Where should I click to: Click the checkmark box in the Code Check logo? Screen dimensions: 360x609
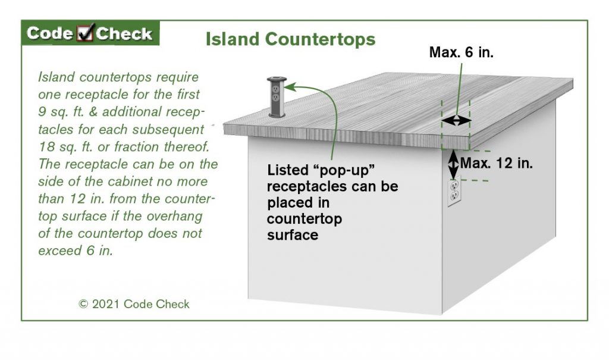coord(86,34)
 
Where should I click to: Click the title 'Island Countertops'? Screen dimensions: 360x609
coord(290,39)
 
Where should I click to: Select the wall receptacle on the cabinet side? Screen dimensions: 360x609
coord(454,190)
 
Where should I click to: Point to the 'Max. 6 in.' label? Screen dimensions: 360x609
coord(462,52)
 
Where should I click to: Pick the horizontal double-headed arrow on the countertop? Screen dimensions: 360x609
coord(456,121)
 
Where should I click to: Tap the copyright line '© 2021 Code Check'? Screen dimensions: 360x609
coord(134,304)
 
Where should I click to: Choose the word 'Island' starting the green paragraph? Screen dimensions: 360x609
coord(55,77)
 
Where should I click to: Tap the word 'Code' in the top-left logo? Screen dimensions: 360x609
coord(50,33)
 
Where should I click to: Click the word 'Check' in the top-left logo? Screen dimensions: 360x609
coord(124,33)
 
